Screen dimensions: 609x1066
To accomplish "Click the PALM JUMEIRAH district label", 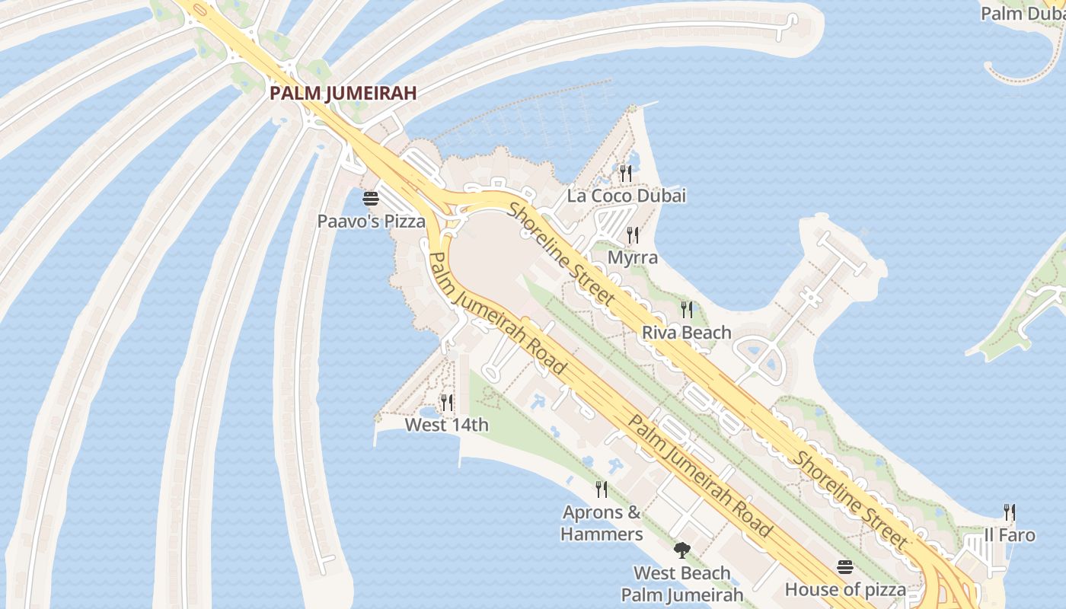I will click(x=343, y=94).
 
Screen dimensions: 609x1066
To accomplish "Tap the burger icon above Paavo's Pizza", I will click(x=371, y=199).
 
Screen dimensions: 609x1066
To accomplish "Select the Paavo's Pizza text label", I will click(x=371, y=222).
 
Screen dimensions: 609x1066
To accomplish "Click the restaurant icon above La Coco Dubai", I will click(x=626, y=174).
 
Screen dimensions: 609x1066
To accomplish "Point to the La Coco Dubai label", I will click(x=626, y=196).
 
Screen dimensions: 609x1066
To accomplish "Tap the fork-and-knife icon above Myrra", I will click(x=632, y=234).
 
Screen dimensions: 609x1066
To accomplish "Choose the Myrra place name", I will click(x=632, y=257).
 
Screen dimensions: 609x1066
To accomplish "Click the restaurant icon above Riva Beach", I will click(x=687, y=309).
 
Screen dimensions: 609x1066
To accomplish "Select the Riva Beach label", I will click(x=687, y=333).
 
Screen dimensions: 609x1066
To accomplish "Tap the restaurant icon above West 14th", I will click(x=447, y=402).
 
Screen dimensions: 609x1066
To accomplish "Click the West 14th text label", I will click(x=447, y=425).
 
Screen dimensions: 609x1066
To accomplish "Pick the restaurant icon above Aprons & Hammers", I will click(x=602, y=489).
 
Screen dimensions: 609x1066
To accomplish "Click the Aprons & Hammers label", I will click(x=602, y=523).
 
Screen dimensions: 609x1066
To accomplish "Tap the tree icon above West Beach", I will click(x=682, y=550).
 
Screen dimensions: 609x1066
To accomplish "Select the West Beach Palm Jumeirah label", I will click(x=682, y=584).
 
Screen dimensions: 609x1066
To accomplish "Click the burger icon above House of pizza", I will click(x=845, y=567).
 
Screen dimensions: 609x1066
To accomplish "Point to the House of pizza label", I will click(x=845, y=589).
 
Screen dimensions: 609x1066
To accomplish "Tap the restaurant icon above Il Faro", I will click(x=1010, y=512).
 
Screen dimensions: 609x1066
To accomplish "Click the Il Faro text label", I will click(x=1010, y=535).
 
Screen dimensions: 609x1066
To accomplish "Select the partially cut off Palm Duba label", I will click(x=1022, y=14).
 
